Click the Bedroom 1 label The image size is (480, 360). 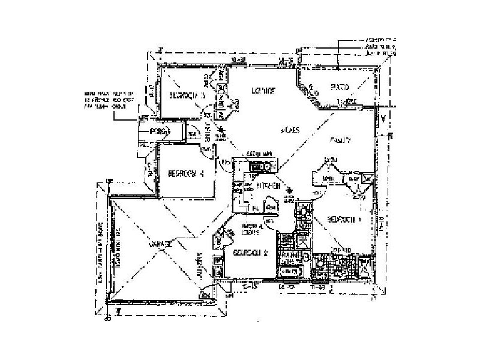click(344, 220)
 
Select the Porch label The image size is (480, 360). click(158, 130)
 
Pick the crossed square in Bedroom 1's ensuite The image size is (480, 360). click(368, 178)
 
